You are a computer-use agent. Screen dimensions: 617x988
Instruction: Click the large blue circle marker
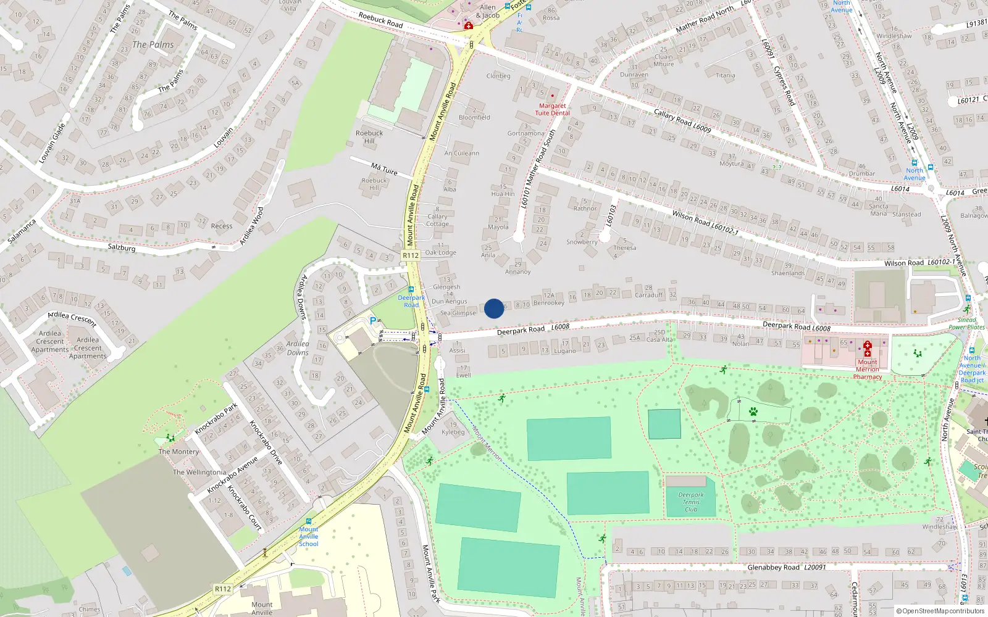coord(494,308)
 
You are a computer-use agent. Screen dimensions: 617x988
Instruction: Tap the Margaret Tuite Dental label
coord(552,109)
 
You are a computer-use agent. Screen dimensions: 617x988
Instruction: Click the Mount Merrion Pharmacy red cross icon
coord(868,346)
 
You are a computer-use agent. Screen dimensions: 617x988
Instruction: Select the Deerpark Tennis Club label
coord(691,502)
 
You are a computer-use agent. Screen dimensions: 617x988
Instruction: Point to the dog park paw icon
coord(753,411)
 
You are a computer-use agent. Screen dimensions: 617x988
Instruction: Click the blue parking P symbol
coord(372,321)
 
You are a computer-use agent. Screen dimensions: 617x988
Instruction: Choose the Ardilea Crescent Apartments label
coord(50,341)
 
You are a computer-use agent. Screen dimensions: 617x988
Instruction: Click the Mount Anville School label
coord(309,536)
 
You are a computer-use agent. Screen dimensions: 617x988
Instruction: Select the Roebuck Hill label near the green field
coord(369,136)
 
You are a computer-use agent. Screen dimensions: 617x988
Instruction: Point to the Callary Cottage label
coord(437,220)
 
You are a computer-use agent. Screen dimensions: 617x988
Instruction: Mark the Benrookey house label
coord(548,303)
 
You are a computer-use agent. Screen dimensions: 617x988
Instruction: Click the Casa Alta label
coord(659,339)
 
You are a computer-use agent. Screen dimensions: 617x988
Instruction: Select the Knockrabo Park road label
coord(216,419)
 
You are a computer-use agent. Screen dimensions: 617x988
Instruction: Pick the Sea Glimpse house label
coord(458,313)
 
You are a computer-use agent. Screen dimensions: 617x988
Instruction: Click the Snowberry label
coord(582,242)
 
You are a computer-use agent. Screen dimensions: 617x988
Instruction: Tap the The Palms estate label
coord(153,44)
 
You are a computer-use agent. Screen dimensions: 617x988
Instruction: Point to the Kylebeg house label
coord(453,432)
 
